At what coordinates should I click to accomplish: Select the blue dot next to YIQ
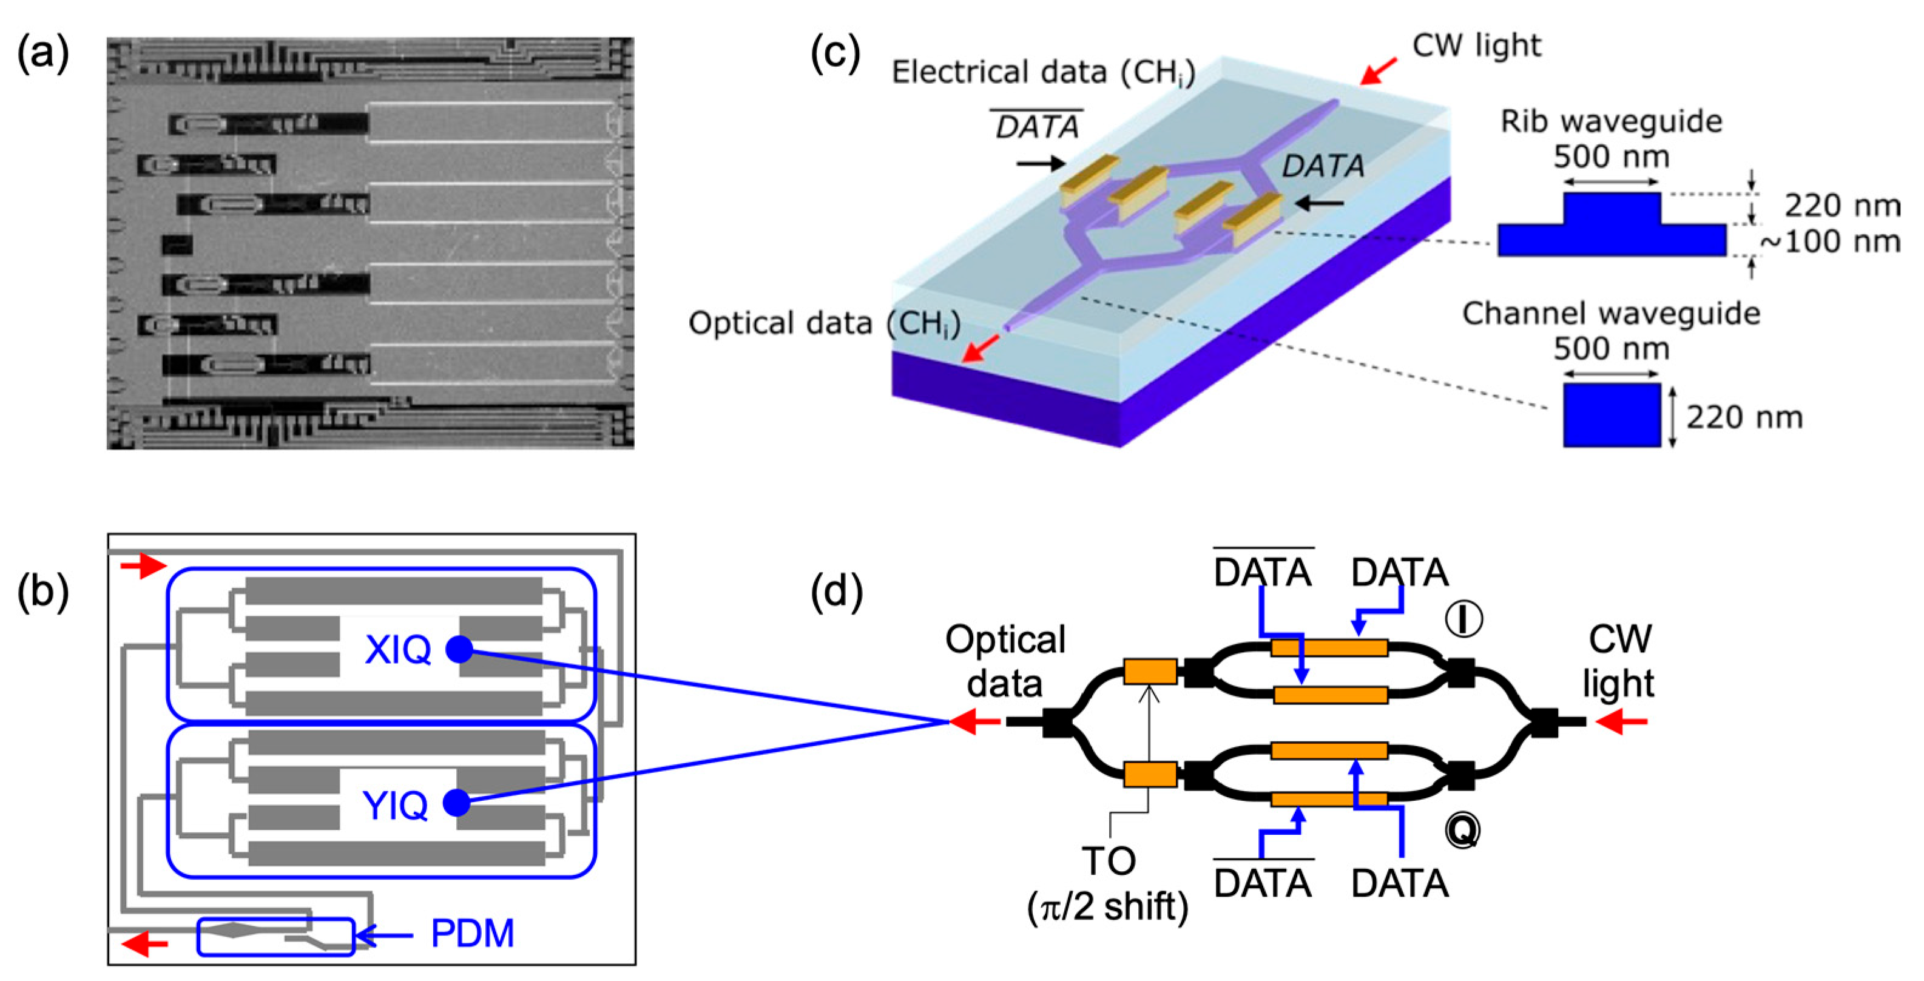tap(456, 803)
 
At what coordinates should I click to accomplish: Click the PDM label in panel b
tap(472, 933)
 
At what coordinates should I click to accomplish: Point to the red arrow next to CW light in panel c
tap(1377, 72)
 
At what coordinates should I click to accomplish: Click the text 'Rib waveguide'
tap(1611, 121)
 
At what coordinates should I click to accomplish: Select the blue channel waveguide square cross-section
tap(1611, 415)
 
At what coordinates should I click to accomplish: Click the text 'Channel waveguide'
tap(1610, 314)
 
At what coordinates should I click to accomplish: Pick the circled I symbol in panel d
tap(1464, 619)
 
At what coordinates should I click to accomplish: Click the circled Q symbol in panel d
tap(1462, 830)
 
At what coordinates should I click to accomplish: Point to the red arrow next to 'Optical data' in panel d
tap(974, 721)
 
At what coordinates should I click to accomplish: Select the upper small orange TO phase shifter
tap(1149, 671)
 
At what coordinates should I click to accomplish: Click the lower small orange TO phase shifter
tap(1149, 774)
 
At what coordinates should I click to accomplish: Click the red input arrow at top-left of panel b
tap(143, 566)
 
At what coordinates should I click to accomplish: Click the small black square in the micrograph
tap(177, 244)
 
